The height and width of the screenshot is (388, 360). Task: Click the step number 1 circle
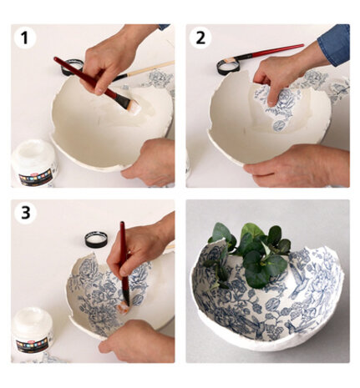pyautogui.click(x=26, y=38)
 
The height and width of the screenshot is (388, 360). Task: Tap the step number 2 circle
pyautogui.click(x=200, y=38)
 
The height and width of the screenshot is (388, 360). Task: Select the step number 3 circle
pyautogui.click(x=26, y=213)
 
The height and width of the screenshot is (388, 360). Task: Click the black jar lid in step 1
pyautogui.click(x=74, y=66)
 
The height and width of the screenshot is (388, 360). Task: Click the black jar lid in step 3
pyautogui.click(x=96, y=239)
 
